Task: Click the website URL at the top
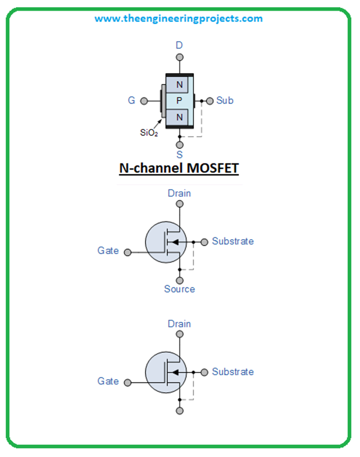(x=179, y=19)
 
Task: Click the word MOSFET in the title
(x=210, y=169)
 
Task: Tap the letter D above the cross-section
(x=179, y=45)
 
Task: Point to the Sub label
(x=225, y=101)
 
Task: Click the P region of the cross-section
(x=179, y=101)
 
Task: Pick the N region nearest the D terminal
(x=179, y=85)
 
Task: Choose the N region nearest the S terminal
(x=179, y=117)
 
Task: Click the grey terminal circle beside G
(x=144, y=101)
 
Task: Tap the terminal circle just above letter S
(x=179, y=145)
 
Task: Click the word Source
(x=179, y=289)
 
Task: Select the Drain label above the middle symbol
(x=179, y=193)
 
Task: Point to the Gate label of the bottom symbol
(x=108, y=381)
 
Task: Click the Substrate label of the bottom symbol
(x=232, y=372)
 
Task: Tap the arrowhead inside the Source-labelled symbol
(x=173, y=242)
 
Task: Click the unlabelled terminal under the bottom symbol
(x=179, y=411)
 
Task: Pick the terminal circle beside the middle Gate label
(x=127, y=252)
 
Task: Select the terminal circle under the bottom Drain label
(x=179, y=334)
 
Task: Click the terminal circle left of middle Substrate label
(x=204, y=242)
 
